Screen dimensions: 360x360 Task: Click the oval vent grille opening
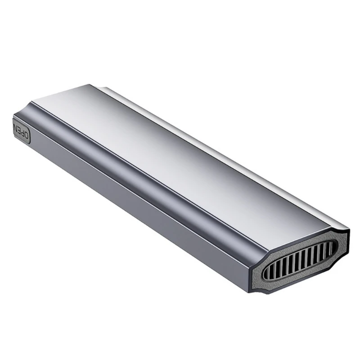point(299,260)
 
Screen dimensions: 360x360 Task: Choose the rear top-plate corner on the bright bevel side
point(92,85)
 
